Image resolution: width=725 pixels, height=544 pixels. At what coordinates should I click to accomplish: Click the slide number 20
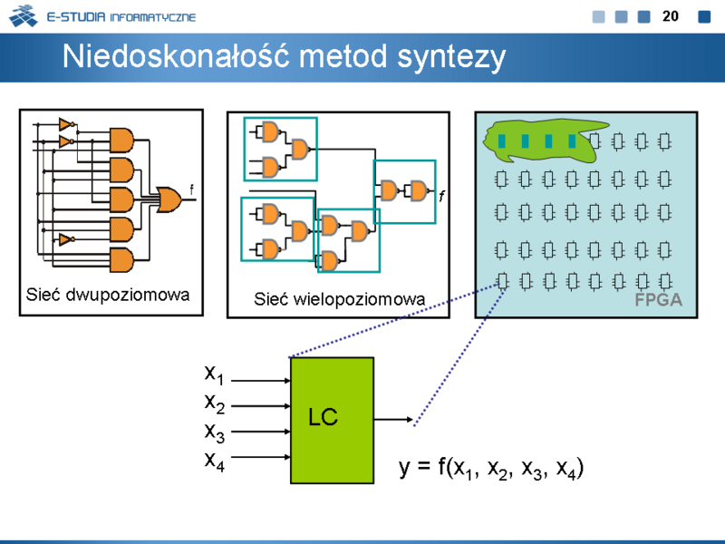671,16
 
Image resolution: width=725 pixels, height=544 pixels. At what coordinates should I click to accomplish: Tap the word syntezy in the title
451,59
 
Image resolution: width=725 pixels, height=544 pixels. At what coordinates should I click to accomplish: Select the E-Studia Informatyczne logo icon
24,15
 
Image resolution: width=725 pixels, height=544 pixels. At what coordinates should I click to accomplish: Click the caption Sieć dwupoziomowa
108,295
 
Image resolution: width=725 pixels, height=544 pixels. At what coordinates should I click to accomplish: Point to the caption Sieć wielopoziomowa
339,299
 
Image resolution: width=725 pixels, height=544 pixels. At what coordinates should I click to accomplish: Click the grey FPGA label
659,300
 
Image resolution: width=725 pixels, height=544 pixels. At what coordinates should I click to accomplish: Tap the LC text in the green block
324,417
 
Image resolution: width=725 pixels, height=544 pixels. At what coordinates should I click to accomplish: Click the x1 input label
215,374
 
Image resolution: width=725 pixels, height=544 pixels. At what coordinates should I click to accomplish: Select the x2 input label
215,403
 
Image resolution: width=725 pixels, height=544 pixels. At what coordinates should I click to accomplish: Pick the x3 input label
215,432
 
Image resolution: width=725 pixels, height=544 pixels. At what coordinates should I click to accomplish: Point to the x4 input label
215,461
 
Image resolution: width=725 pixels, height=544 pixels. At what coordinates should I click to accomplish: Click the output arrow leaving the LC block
393,420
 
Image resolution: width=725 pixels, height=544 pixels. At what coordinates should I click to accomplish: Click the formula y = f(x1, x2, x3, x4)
491,468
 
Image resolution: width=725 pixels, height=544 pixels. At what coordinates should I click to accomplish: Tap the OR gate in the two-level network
169,199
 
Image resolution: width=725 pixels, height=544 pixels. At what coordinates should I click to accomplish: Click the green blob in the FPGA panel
545,141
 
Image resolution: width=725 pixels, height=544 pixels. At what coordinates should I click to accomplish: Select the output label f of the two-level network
191,189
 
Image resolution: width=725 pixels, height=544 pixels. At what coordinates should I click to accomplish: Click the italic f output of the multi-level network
441,196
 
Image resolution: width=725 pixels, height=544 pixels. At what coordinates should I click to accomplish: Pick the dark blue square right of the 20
704,16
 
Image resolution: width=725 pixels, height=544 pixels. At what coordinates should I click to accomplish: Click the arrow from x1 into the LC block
261,381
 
